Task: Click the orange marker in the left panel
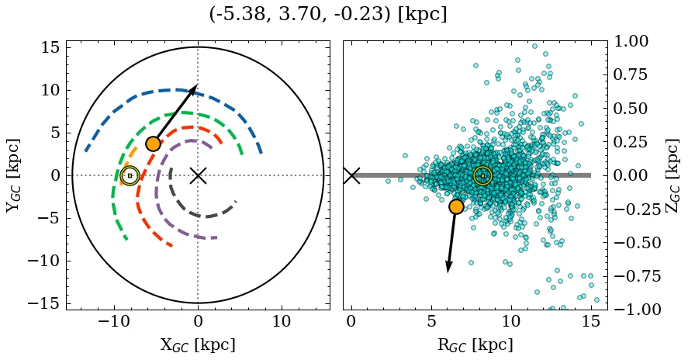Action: coord(153,144)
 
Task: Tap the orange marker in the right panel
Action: coord(456,206)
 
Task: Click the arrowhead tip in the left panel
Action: coord(197,85)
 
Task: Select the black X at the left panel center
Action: coord(198,175)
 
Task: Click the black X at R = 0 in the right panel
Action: coord(351,175)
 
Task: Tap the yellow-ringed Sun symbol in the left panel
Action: coord(130,176)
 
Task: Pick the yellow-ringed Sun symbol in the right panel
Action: coord(482,176)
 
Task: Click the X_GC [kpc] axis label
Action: coord(197,344)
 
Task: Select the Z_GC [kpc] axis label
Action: coord(672,175)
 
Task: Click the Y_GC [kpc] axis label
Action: coord(13,175)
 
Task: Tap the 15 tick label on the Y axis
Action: coord(50,47)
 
